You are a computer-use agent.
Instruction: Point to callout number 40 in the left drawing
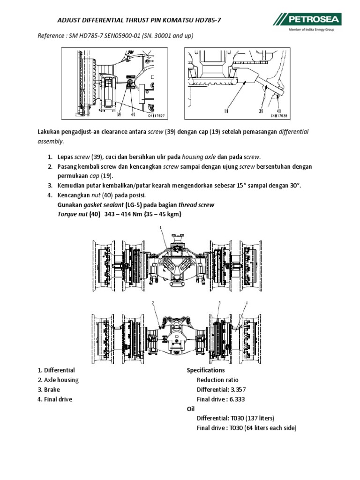click(133, 113)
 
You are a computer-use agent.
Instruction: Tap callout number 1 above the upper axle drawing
click(161, 227)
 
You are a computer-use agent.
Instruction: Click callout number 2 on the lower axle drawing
click(153, 303)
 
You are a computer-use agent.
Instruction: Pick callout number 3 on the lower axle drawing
click(219, 303)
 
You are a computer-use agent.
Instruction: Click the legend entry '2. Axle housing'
click(58, 380)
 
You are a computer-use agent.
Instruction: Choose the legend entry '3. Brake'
click(49, 390)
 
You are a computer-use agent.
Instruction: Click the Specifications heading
click(206, 370)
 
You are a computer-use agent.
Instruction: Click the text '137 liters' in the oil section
click(259, 418)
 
